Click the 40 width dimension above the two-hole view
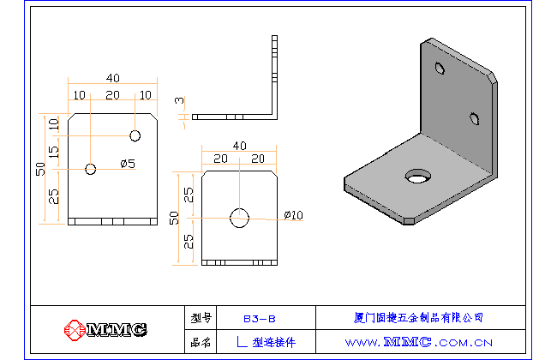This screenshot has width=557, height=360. coord(111,78)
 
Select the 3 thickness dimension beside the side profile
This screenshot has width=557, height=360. coord(179,101)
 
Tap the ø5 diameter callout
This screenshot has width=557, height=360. coord(128,164)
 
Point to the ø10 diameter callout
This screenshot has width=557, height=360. coord(293,215)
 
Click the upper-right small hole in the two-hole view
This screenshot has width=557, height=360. coord(135,135)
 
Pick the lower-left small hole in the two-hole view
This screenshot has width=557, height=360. coord(91,169)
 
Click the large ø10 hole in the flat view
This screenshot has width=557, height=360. coord(239,218)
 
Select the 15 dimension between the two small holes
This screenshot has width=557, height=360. coord(54,152)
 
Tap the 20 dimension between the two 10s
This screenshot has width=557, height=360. coord(112,94)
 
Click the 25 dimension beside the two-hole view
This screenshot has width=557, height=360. coord(54,196)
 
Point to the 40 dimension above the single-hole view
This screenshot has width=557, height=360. coord(239,146)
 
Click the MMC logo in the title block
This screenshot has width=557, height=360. coord(106,329)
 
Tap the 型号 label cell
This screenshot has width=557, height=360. coord(201,317)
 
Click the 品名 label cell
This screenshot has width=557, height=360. coord(201,342)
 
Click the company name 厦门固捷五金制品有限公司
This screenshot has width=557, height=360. coord(418,317)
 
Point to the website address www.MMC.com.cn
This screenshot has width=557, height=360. coord(418,342)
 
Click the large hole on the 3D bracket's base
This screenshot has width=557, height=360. coord(419,177)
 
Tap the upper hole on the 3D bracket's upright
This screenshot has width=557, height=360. coord(440,68)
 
